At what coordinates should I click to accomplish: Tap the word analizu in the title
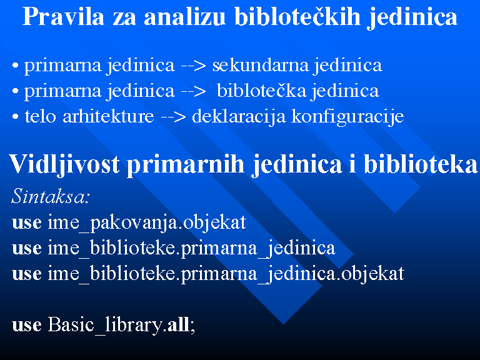(184, 16)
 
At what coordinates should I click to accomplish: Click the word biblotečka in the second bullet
(261, 91)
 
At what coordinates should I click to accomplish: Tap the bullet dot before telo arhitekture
(15, 117)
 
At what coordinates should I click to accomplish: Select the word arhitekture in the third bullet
(108, 116)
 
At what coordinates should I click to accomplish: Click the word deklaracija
(239, 117)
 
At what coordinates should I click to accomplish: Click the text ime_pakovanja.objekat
(147, 223)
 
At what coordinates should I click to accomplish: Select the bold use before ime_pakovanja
(27, 223)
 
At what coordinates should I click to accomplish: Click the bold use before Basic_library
(27, 326)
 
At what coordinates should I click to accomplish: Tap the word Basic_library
(105, 325)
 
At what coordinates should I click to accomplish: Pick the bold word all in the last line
(179, 324)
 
